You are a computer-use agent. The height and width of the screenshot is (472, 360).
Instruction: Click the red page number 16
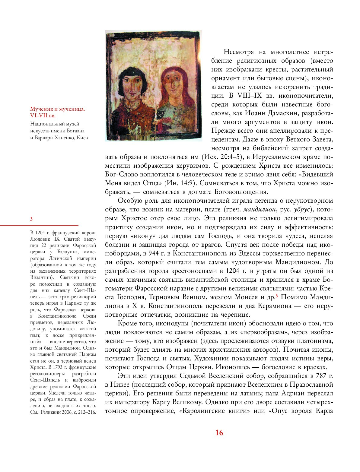pyautogui.click(x=219, y=433)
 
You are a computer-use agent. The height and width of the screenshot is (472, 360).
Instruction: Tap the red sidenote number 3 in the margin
pyautogui.click(x=31, y=219)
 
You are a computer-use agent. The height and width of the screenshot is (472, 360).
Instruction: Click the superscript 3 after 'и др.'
pyautogui.click(x=276, y=296)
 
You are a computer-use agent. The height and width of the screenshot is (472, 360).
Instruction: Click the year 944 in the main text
pyautogui.click(x=150, y=253)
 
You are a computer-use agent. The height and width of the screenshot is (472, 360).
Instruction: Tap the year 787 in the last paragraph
pyautogui.click(x=320, y=376)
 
